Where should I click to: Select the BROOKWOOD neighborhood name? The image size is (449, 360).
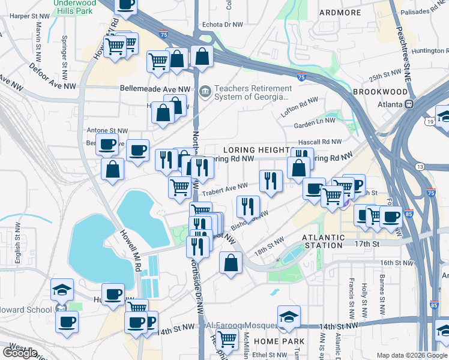(380, 92)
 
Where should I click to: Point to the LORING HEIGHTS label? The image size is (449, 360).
(256, 149)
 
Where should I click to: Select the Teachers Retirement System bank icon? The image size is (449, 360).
(205, 92)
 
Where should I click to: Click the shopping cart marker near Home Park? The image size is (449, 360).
(226, 340)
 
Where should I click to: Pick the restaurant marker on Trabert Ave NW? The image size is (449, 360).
(271, 180)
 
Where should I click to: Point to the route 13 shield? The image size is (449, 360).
(420, 166)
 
